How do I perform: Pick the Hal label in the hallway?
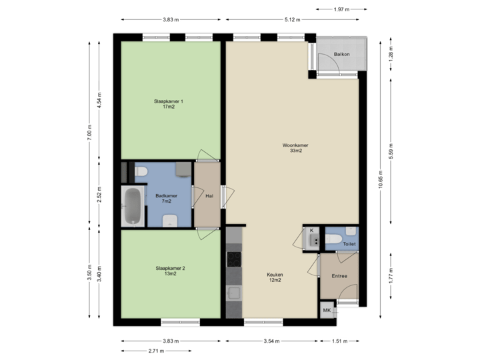[x=209, y=196]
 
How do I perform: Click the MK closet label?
[x=327, y=311]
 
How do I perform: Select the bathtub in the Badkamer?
[x=133, y=205]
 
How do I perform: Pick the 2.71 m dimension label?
[x=156, y=350]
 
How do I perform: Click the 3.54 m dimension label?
[x=271, y=341]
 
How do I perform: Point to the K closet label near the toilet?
[x=311, y=231]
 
